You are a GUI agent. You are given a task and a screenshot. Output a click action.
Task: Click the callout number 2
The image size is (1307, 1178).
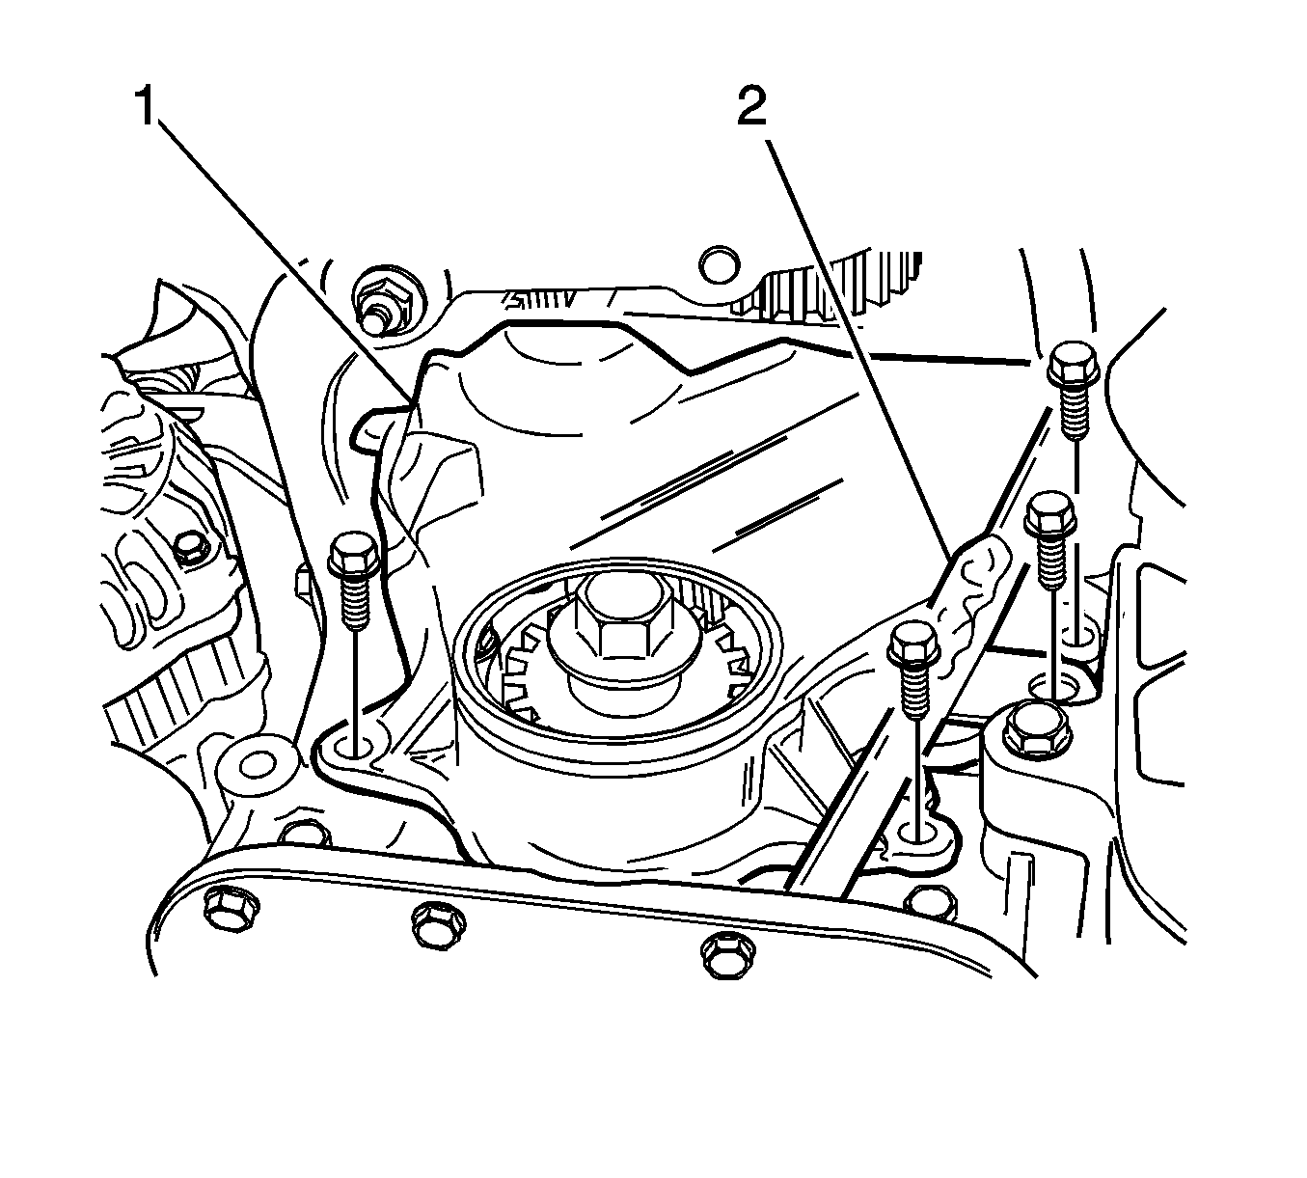click(x=751, y=106)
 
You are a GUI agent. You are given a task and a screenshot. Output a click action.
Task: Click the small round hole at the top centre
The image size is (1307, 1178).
click(x=720, y=263)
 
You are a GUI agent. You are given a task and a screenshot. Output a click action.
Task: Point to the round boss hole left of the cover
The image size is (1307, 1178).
click(x=258, y=763)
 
